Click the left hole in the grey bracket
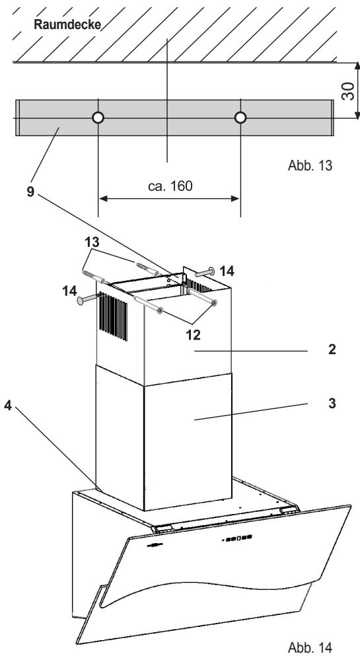click(x=98, y=118)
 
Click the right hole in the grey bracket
click(x=240, y=118)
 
